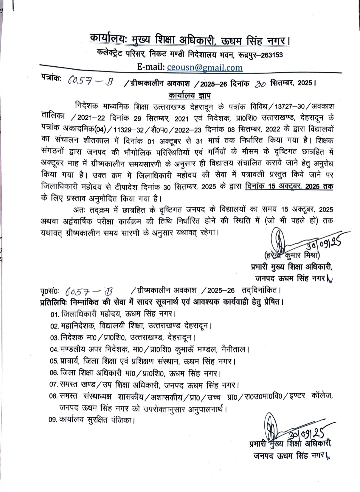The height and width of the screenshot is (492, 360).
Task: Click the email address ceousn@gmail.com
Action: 205,67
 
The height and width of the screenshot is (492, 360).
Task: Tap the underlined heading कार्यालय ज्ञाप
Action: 189,96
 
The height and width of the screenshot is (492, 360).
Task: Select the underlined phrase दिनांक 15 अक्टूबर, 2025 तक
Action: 289,186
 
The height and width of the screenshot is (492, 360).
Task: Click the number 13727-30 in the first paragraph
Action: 291,106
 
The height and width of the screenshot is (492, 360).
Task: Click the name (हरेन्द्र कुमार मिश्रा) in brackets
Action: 291,255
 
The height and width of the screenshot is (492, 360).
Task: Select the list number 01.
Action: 54,314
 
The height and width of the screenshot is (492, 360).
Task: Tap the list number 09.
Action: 53,420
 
